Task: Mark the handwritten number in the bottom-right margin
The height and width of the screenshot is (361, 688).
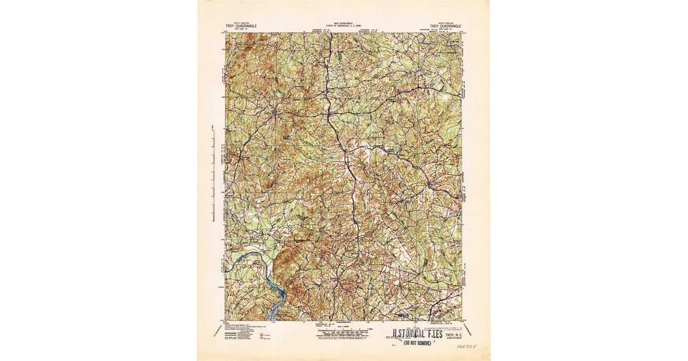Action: click(x=466, y=347)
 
